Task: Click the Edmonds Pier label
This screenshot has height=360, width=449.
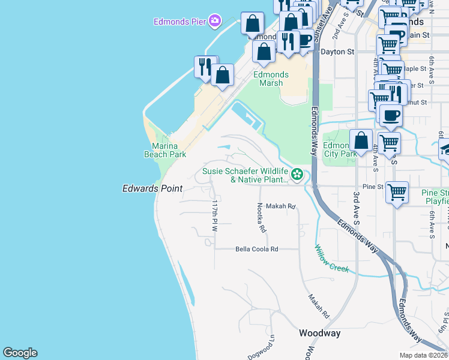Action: [x=180, y=22]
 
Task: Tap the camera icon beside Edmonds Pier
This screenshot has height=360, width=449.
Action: [x=214, y=22]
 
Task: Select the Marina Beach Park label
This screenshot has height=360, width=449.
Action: [x=165, y=150]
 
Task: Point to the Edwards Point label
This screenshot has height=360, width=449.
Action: [x=152, y=188]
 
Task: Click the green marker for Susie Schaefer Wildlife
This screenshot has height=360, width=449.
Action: [x=297, y=175]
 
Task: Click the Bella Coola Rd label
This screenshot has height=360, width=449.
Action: [x=257, y=248]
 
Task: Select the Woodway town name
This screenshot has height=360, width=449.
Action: [x=320, y=333]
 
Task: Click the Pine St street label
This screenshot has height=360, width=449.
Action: [x=372, y=187]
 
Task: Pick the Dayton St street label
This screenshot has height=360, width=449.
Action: [x=337, y=52]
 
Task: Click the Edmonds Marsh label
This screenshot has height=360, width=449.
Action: [x=271, y=79]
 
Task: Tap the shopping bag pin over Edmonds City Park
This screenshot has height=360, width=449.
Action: [x=361, y=142]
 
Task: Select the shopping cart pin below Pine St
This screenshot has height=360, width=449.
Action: [x=397, y=193]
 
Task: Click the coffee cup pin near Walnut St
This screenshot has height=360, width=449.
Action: [x=391, y=115]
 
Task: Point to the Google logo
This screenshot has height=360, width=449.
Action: [x=20, y=353]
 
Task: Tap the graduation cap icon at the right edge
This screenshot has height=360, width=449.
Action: [x=445, y=149]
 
